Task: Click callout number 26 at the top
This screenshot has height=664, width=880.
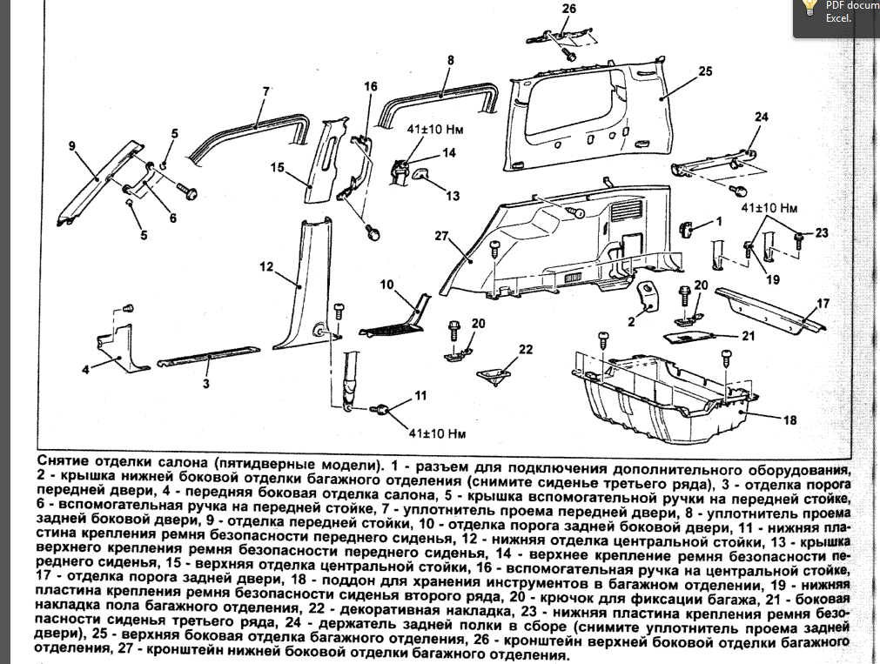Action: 569,10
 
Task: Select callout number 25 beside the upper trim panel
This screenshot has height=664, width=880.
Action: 705,70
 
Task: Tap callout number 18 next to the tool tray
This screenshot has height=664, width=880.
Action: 789,420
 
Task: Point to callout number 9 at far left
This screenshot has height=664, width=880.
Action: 72,145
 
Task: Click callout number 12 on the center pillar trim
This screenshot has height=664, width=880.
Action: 266,265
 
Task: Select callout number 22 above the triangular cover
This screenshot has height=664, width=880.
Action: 525,348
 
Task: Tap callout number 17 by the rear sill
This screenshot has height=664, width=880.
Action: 823,304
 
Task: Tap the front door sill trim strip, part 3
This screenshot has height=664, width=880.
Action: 209,354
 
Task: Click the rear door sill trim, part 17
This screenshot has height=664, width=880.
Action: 766,309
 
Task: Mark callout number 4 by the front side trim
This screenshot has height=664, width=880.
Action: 86,370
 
